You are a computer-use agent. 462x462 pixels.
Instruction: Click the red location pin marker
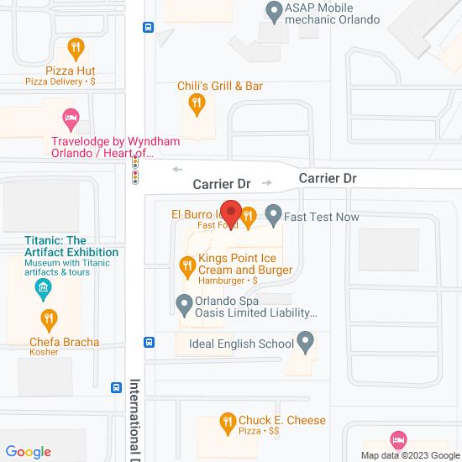click(231, 213)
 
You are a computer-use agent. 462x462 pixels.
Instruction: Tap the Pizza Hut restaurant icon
click(76, 47)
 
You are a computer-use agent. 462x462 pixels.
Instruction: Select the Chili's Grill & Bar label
click(220, 86)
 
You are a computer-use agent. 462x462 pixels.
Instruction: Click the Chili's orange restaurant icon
click(196, 103)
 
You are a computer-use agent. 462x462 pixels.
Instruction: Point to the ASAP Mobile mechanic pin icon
click(273, 11)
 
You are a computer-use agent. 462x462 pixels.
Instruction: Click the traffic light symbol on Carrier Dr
click(134, 172)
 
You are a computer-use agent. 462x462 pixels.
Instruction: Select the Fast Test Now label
click(322, 217)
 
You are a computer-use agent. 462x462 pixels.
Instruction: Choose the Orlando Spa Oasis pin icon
click(184, 303)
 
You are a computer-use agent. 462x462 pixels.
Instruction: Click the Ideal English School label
click(240, 344)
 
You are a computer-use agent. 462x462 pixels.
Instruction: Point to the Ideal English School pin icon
click(306, 342)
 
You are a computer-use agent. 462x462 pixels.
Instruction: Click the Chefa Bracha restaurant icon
click(49, 318)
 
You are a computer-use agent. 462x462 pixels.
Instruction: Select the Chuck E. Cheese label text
click(283, 420)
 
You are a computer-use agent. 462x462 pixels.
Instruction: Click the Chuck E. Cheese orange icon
click(226, 421)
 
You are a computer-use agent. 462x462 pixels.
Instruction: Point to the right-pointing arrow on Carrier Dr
click(267, 182)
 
